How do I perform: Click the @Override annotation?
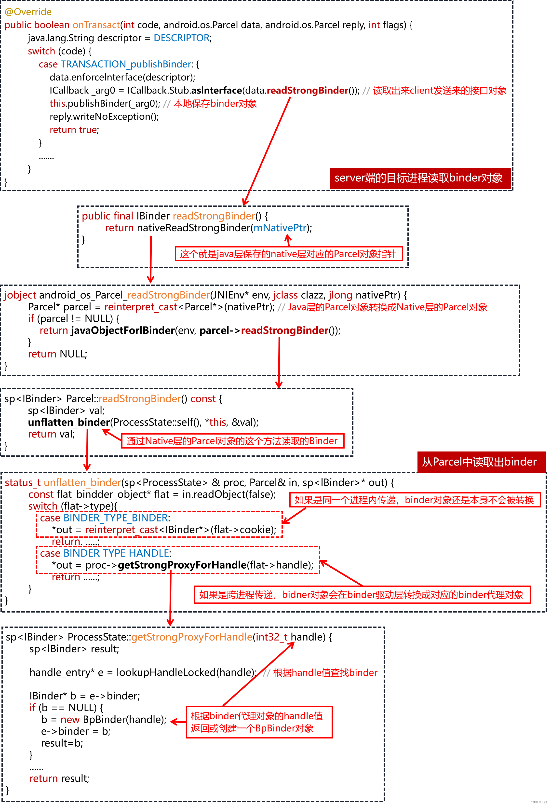pos(28,12)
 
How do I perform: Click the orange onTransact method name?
pos(96,25)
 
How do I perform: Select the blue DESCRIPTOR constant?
pos(181,38)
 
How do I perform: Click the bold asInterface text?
pos(216,91)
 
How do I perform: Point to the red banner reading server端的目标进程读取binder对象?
pos(420,178)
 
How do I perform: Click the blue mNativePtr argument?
pos(280,228)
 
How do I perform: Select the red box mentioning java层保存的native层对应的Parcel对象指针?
pos(288,254)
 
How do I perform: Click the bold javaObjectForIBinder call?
pos(123,330)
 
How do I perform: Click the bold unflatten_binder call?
pos(69,423)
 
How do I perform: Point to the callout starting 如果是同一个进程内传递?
pos(415,500)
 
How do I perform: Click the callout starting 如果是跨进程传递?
pos(362,595)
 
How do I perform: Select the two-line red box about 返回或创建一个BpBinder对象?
pos(259,722)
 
